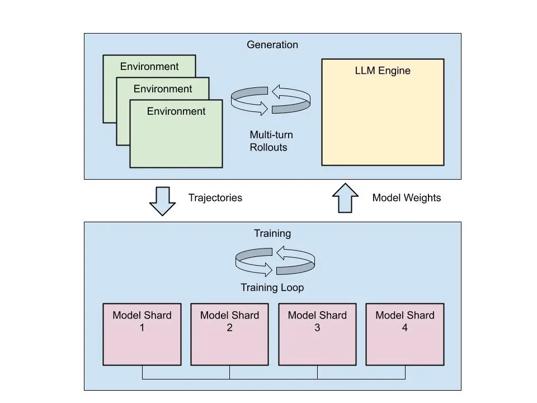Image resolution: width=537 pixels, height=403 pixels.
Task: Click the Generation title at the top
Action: (x=272, y=44)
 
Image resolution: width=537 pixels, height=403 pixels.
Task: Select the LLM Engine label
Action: (x=383, y=71)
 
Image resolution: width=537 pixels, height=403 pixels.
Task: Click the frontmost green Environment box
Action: (x=176, y=137)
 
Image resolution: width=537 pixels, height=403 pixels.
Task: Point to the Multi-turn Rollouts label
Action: (x=271, y=141)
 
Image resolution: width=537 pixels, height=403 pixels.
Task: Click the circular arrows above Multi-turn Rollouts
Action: (x=271, y=100)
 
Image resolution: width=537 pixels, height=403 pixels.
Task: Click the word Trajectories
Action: (x=215, y=198)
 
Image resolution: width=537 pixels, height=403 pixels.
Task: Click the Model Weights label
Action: (x=407, y=198)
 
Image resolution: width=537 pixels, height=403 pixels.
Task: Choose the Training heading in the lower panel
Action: (x=272, y=233)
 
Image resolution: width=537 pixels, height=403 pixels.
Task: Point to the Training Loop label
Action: (x=272, y=288)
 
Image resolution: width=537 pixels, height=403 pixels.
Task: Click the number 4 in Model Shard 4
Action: (x=404, y=327)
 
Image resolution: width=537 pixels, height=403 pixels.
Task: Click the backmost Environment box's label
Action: (x=149, y=67)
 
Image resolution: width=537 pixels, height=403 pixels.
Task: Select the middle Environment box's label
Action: (x=163, y=89)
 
